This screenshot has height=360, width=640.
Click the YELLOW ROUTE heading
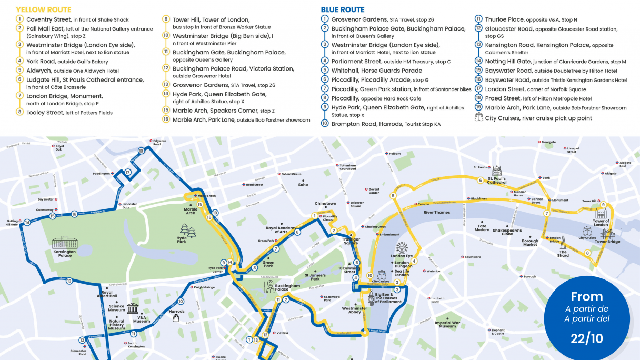(44, 9)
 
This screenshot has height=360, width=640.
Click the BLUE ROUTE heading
(343, 9)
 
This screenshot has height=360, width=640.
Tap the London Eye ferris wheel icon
(402, 247)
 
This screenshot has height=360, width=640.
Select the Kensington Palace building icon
(64, 243)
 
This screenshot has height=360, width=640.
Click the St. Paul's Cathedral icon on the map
(496, 171)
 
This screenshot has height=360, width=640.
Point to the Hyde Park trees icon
(187, 230)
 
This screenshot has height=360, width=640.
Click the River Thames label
(437, 212)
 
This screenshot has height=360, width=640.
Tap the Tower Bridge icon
(607, 234)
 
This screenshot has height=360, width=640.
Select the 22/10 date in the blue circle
(586, 338)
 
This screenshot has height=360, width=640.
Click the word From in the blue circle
(586, 296)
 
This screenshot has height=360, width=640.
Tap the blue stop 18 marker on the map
(141, 151)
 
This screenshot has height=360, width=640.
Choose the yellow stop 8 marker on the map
(587, 253)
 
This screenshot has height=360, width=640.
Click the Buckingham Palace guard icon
(267, 287)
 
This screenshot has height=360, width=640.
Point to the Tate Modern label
(482, 227)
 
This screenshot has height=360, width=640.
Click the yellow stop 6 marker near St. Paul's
(480, 181)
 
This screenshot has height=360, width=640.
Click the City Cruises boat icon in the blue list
(478, 118)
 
